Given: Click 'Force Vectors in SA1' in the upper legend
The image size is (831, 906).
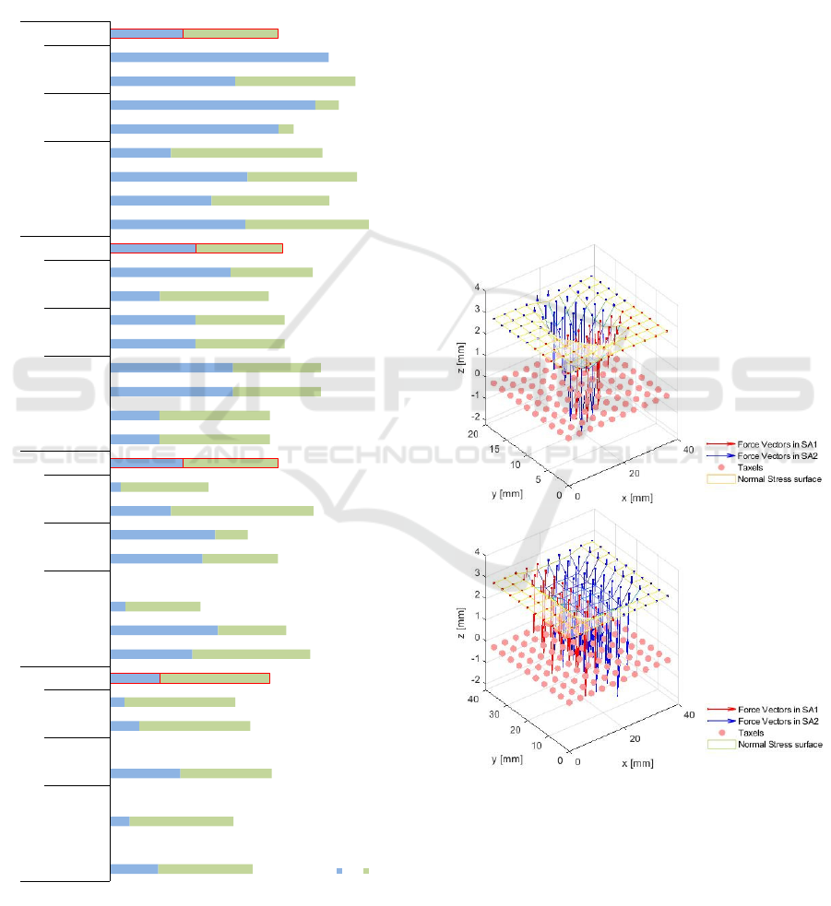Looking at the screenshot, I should (772, 443).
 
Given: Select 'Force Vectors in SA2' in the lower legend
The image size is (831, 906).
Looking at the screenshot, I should (772, 721).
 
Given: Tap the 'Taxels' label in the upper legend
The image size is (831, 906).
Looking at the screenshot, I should (751, 467).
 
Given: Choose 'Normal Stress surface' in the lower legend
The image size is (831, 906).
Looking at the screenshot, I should (779, 745).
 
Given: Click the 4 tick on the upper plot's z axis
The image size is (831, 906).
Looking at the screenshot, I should (476, 288).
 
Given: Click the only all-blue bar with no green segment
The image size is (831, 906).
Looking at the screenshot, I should (219, 57).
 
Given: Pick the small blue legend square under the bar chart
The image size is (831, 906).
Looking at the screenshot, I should (339, 870).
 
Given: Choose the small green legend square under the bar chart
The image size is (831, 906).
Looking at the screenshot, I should (366, 870).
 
